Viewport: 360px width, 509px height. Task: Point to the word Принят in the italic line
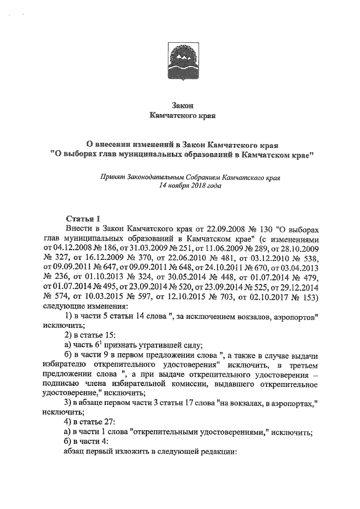click(x=111, y=176)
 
